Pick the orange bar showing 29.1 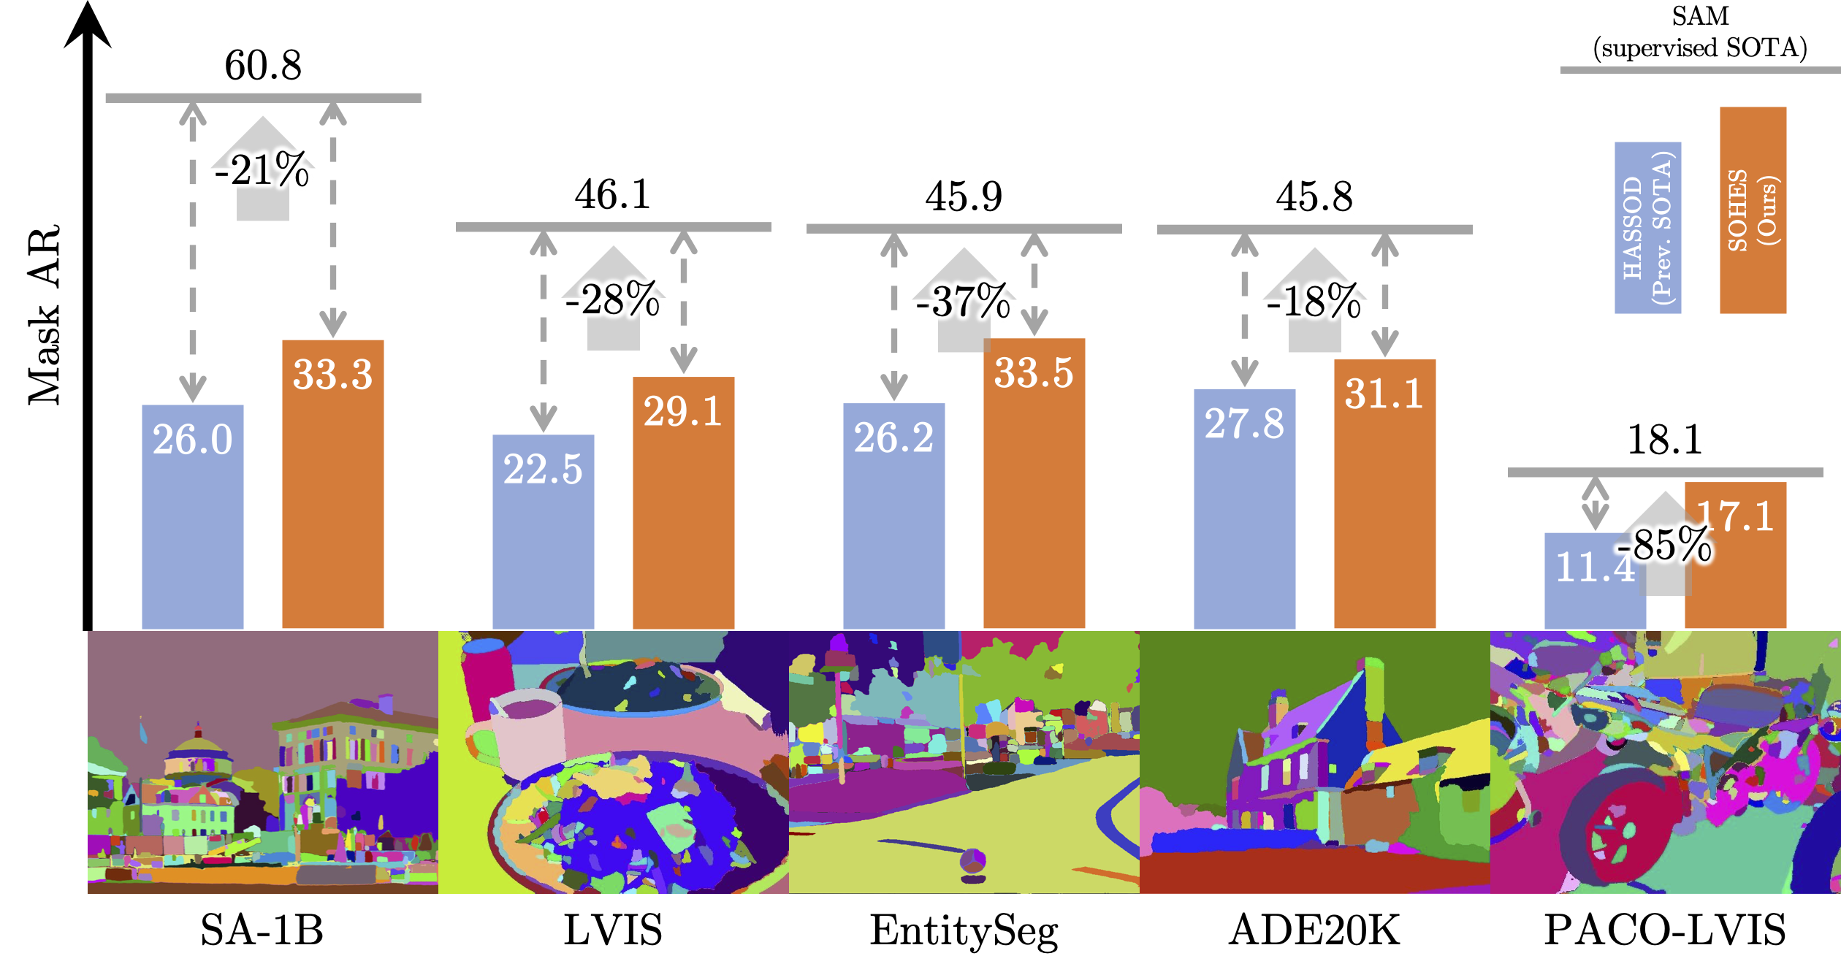click(x=683, y=511)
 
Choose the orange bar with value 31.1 click(x=1384, y=504)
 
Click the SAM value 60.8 click(x=263, y=66)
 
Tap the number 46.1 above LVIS click(x=612, y=195)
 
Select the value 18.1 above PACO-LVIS click(x=1664, y=440)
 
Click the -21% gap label click(x=262, y=170)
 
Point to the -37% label click(x=963, y=301)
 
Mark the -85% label click(x=1664, y=545)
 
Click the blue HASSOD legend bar click(x=1647, y=228)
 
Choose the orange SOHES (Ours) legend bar click(x=1753, y=210)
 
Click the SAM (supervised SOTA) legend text click(x=1700, y=33)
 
